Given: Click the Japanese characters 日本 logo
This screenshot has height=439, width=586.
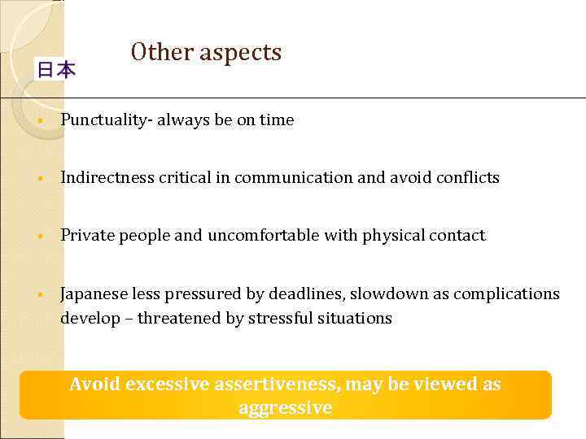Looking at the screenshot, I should [55, 70].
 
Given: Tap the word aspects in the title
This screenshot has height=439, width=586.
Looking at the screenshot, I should [241, 54].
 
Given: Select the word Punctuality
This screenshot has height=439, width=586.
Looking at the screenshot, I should [106, 120].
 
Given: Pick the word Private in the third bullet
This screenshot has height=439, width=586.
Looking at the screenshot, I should [87, 236].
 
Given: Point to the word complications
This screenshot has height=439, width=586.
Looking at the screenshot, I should [506, 293].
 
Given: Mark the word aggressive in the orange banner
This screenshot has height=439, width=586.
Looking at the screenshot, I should [286, 407].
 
